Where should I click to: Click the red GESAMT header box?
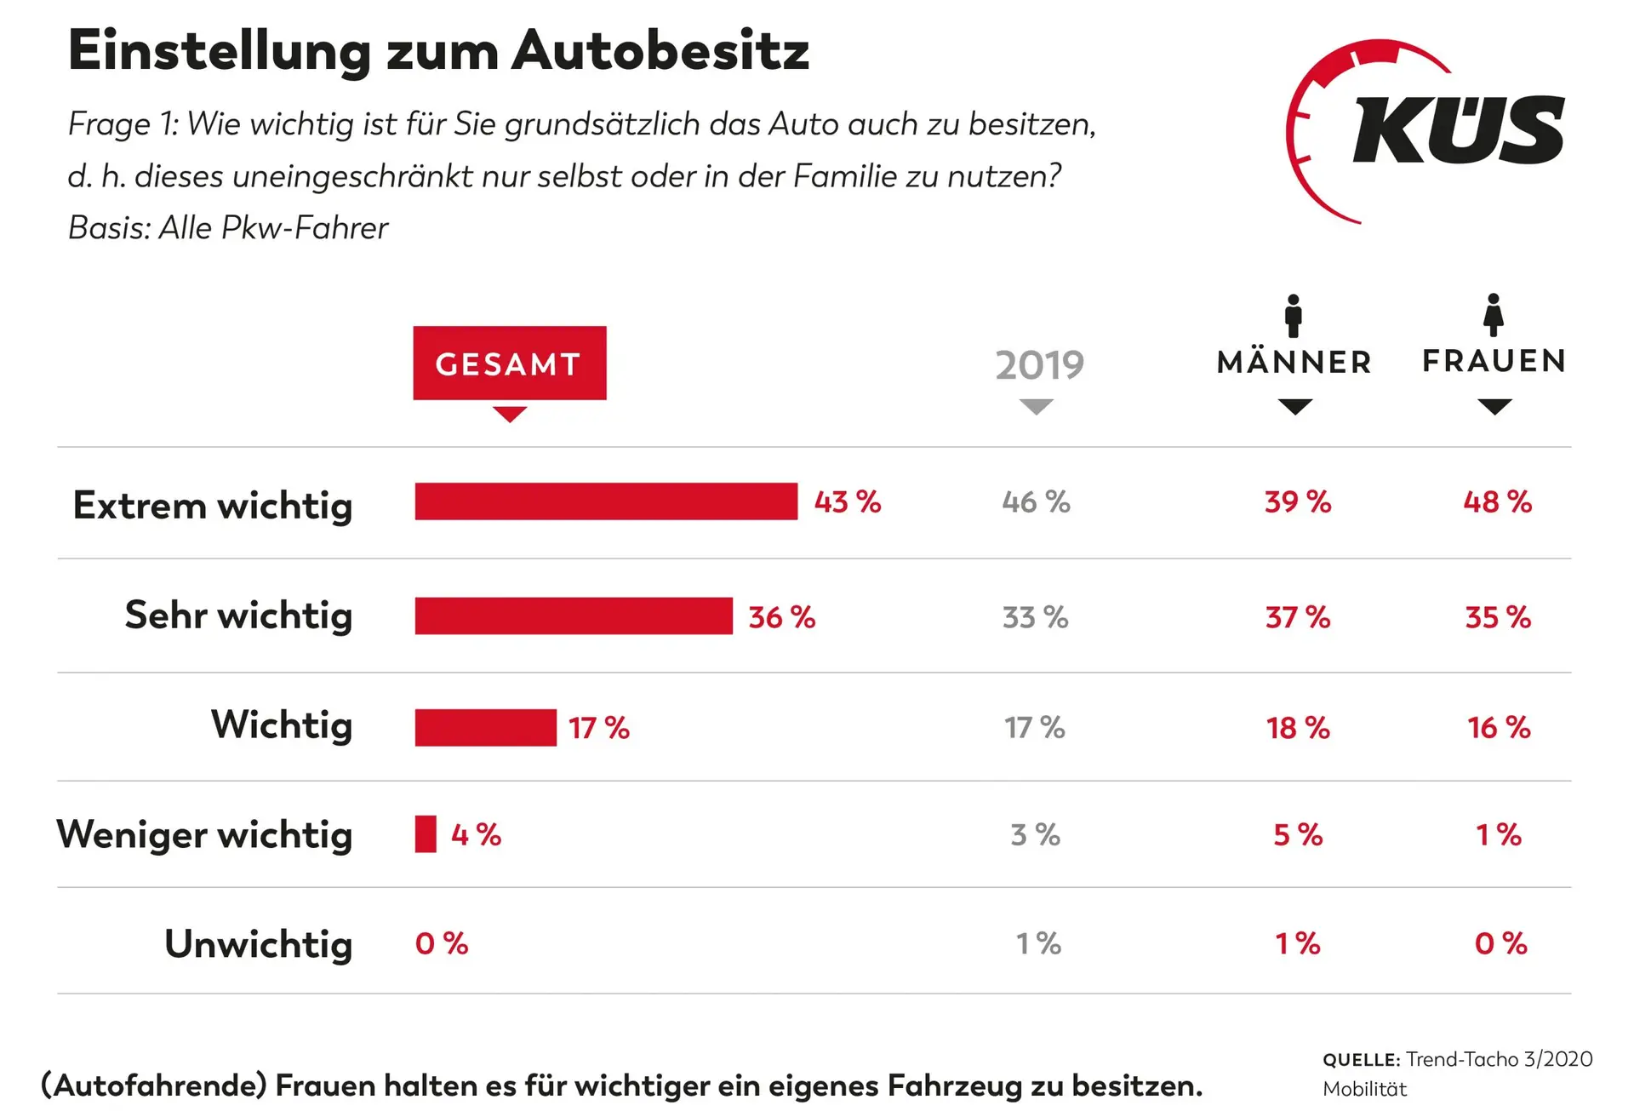pyautogui.click(x=509, y=364)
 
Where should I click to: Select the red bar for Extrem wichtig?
pyautogui.click(x=606, y=501)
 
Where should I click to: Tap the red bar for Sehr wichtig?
pyautogui.click(x=574, y=616)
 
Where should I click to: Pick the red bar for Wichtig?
pyautogui.click(x=485, y=728)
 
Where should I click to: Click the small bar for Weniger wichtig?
pyautogui.click(x=426, y=834)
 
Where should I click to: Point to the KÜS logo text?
pyautogui.click(x=1457, y=130)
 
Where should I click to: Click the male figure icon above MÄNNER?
pyautogui.click(x=1294, y=316)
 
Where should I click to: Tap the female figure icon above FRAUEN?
pyautogui.click(x=1494, y=316)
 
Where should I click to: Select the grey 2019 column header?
pyautogui.click(x=1039, y=365)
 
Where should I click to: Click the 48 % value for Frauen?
pyautogui.click(x=1497, y=502)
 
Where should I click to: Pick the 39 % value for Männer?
pyautogui.click(x=1297, y=502)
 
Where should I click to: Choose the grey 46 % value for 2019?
pyautogui.click(x=1036, y=502)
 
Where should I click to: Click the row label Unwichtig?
pyautogui.click(x=258, y=943)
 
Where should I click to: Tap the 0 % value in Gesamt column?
pyautogui.click(x=441, y=943)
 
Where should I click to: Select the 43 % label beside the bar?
pyautogui.click(x=847, y=502)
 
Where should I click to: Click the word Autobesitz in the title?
pyautogui.click(x=660, y=51)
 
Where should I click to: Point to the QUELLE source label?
pyautogui.click(x=1361, y=1060)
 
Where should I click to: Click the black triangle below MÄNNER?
pyautogui.click(x=1294, y=407)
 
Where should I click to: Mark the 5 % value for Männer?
pyautogui.click(x=1297, y=835)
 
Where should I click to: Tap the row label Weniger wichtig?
pyautogui.click(x=204, y=834)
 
